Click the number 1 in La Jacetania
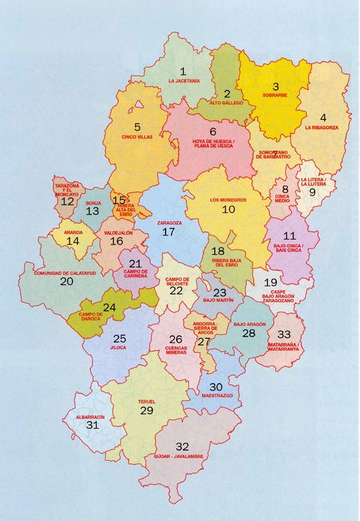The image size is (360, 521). point(182,71)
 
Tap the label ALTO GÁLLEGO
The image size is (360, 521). point(226,102)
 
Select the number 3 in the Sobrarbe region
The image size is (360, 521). point(275,87)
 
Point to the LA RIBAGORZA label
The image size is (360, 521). point(322,128)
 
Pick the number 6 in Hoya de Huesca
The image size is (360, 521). point(212,132)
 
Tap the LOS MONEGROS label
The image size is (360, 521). point(228,199)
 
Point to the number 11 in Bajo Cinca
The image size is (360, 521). point(289,235)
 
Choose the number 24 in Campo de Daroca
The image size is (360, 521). point(109,307)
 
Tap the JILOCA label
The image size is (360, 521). point(118,349)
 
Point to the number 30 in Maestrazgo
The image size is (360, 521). point(216,387)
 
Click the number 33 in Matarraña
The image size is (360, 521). point(283,334)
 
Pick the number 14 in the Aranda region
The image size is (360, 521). point(73,241)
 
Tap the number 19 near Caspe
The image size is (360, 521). point(271,283)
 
